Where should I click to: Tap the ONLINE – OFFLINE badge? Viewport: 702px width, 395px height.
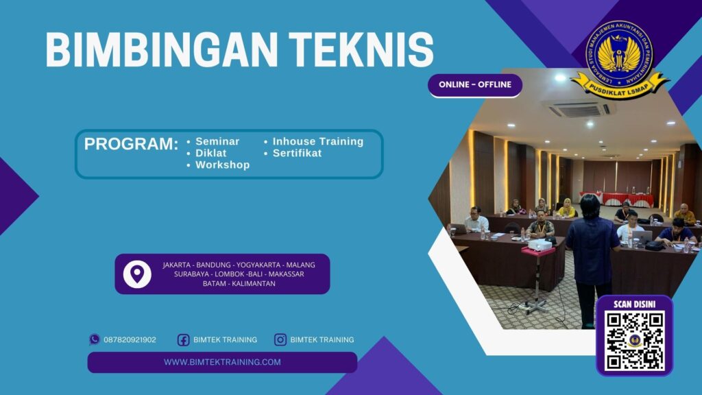coord(475,85)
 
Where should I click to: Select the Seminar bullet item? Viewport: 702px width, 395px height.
coord(217,141)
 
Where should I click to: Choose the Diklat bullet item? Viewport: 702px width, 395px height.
coord(210,153)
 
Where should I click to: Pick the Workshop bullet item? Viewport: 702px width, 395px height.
coord(222,165)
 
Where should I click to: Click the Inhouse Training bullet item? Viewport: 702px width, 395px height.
coord(317,141)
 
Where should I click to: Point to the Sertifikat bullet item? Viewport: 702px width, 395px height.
coord(297,153)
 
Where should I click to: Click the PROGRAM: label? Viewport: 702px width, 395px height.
coord(131,145)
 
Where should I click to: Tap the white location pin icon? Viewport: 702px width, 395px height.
coord(137,274)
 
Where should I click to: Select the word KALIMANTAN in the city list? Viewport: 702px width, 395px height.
coord(254,283)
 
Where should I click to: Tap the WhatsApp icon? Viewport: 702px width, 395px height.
coord(95,339)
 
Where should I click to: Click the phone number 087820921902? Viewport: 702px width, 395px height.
coord(130,339)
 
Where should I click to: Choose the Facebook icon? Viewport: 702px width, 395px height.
coord(183,339)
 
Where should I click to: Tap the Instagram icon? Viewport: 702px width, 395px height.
coord(280,339)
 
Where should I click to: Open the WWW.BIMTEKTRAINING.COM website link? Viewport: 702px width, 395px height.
coord(222,362)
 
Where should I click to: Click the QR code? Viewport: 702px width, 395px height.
coord(634,341)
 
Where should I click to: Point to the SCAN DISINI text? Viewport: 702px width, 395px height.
coord(634,304)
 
